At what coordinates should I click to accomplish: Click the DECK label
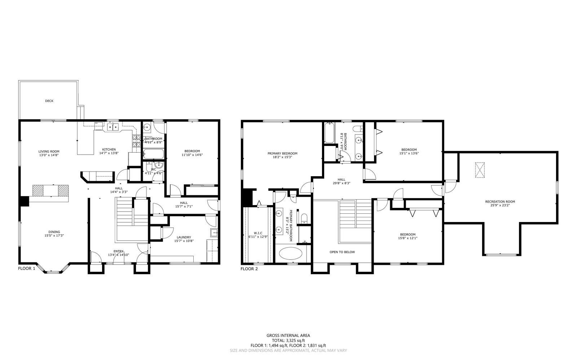tap(49, 101)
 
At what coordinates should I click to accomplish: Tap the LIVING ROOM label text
tap(49, 151)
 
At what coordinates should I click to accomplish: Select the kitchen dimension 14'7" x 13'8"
tap(109, 153)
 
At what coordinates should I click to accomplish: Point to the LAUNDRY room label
tap(184, 237)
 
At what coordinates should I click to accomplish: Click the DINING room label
tap(54, 232)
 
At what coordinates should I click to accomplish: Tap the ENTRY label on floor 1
tap(119, 251)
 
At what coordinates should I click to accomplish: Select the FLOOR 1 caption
tap(27, 268)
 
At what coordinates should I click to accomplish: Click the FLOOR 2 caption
tap(249, 268)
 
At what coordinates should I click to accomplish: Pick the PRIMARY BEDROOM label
tap(282, 153)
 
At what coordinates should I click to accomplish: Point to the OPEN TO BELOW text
tap(342, 252)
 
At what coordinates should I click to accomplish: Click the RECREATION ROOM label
tap(500, 201)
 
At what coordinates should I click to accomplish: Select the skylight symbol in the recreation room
tap(480, 170)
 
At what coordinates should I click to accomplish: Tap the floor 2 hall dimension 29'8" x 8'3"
tap(342, 183)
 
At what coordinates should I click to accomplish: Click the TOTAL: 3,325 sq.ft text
tap(288, 340)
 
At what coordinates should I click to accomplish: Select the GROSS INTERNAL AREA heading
tap(288, 335)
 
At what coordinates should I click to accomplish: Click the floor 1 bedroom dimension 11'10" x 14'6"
tap(191, 155)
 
